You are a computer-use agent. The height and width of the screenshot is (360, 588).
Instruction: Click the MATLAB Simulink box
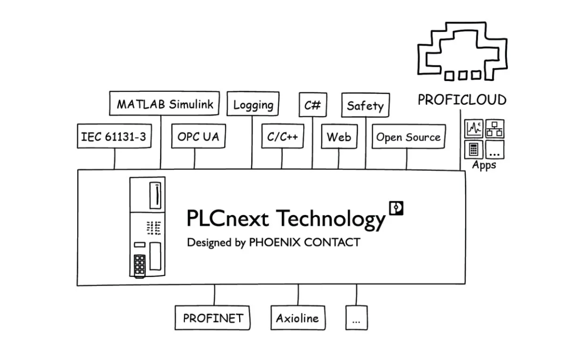tap(164, 104)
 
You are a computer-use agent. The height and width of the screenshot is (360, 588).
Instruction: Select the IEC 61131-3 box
tap(114, 136)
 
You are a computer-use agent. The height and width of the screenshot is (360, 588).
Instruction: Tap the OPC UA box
tap(198, 136)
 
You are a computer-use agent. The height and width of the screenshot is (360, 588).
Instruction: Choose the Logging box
tap(253, 104)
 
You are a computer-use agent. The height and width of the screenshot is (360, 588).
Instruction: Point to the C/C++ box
tap(282, 137)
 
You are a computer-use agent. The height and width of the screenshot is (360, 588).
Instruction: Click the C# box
tap(312, 104)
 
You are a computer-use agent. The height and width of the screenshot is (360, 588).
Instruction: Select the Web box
tap(339, 137)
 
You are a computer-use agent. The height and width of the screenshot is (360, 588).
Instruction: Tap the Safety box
tap(365, 105)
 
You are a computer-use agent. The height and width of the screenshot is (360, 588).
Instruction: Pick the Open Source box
tap(408, 137)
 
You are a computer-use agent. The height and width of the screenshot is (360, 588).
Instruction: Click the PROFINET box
tap(212, 318)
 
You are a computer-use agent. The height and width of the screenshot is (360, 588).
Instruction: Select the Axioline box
tap(297, 318)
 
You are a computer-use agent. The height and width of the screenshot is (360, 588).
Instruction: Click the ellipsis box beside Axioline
tap(357, 318)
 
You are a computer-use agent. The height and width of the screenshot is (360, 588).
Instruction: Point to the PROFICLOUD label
tap(462, 100)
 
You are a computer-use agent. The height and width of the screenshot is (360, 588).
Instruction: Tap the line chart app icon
tap(474, 129)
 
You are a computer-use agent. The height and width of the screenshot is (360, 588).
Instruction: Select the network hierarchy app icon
tap(495, 129)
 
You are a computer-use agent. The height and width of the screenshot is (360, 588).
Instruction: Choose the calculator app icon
tap(474, 149)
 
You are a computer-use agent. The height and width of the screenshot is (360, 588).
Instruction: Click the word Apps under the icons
tap(484, 165)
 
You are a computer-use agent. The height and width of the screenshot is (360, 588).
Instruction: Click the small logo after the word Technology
tap(396, 208)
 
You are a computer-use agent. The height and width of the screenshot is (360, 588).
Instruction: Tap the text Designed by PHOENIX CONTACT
tap(274, 242)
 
